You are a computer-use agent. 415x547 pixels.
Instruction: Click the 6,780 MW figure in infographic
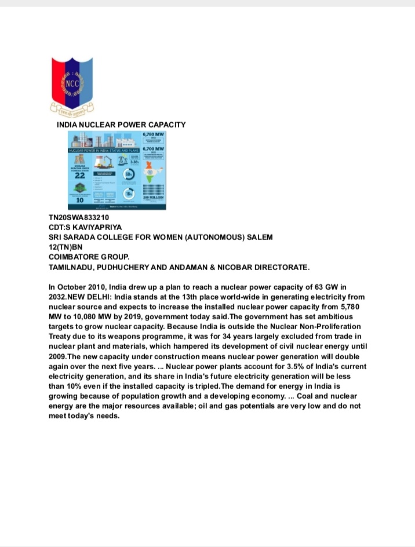click(154, 134)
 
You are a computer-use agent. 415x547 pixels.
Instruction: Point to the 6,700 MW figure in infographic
click(154, 149)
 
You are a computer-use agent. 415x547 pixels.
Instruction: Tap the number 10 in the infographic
click(81, 200)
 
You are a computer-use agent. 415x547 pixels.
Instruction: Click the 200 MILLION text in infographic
click(154, 197)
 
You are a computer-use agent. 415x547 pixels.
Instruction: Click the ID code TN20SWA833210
click(79, 218)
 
